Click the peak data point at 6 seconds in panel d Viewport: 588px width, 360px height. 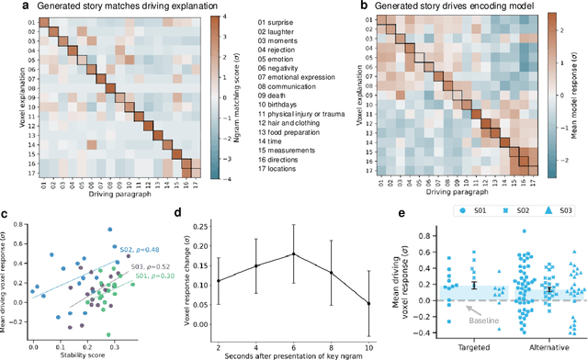(292, 253)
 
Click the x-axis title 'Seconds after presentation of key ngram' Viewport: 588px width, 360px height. (292, 350)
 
